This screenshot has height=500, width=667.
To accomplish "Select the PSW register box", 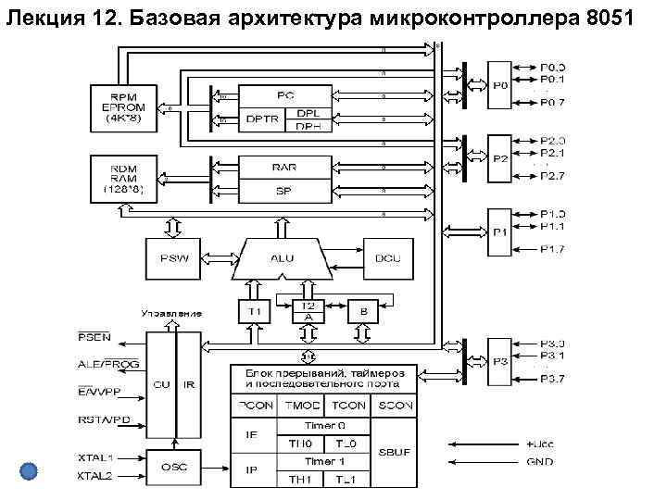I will pos(172,258).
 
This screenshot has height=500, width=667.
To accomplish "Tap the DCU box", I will pos(388,258).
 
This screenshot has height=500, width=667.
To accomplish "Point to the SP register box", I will pos(283,190).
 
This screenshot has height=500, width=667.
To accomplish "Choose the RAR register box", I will pos(283,167).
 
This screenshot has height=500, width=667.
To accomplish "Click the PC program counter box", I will pos(283,95).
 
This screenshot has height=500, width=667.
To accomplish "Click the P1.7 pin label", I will pos(553,249).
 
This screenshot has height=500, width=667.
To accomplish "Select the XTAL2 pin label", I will pos(94,476).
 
